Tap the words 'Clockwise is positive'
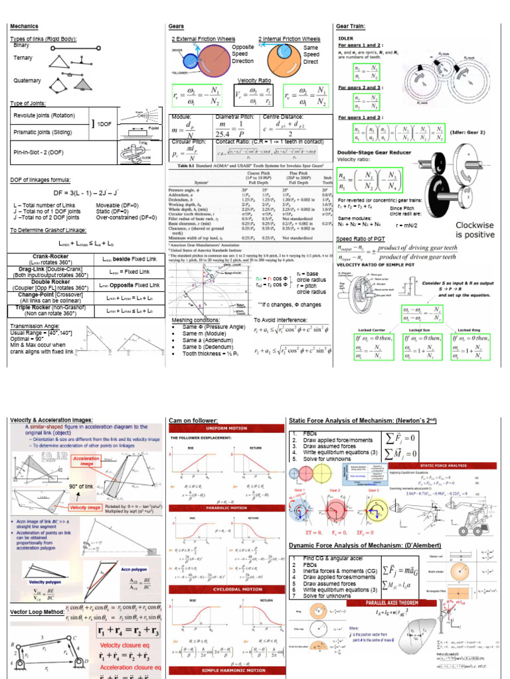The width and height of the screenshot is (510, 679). coord(475,229)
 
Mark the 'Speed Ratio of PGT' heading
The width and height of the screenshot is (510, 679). coord(365,238)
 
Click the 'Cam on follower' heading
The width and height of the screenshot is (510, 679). coord(193,420)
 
